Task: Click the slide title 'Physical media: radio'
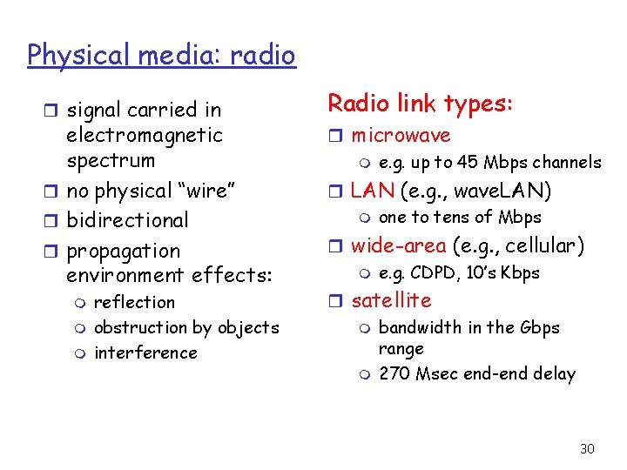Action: pos(161,56)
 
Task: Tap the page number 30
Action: pos(587,448)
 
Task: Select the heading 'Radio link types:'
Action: pos(420,104)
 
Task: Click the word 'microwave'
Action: pos(401,136)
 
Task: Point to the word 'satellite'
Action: pos(391,300)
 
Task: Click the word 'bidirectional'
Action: pos(127,220)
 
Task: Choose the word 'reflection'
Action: pos(134,302)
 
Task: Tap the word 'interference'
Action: pos(145,352)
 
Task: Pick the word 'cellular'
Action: pos(541,245)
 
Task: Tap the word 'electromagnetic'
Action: pos(145,136)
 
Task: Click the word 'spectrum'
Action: pos(111,161)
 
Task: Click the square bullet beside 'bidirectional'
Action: pos(55,221)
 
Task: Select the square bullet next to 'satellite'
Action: pos(339,301)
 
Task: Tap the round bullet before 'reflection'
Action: pos(81,303)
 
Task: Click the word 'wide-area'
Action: pos(398,245)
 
